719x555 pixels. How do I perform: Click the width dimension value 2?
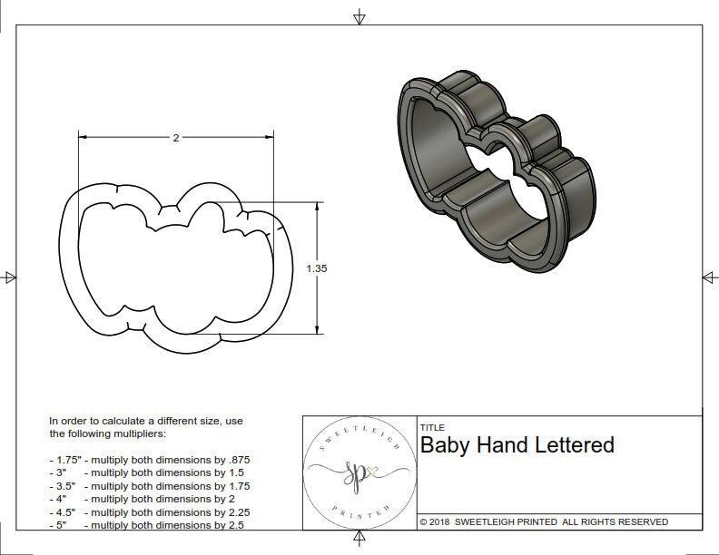175,138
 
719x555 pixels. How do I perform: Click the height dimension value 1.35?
317,268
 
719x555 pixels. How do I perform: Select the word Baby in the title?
443,445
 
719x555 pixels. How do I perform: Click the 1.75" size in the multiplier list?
65,460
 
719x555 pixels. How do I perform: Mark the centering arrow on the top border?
359,17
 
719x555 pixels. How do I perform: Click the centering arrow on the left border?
9,277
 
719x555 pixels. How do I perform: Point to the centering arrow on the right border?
709,277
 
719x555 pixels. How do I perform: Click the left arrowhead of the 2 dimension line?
83,138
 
